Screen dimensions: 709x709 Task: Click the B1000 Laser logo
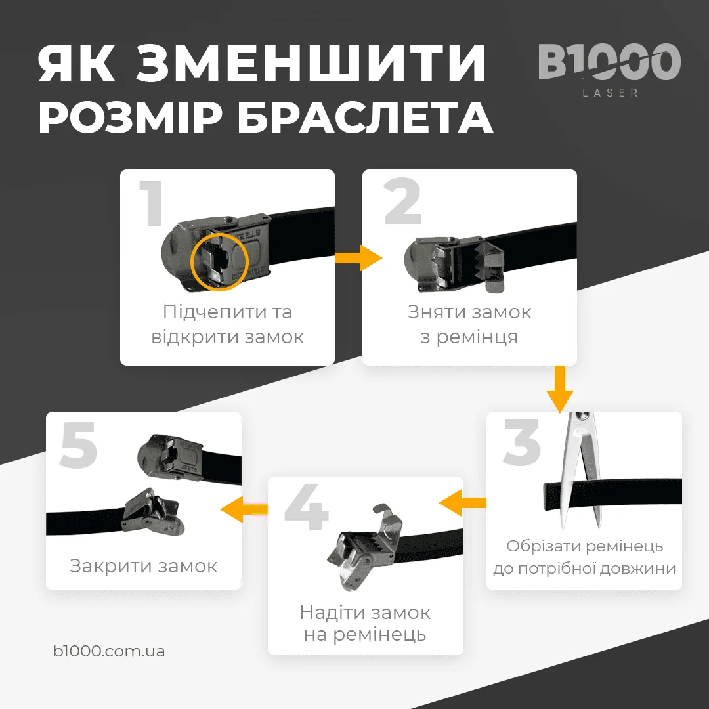[609, 69]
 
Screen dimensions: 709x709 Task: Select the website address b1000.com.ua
[109, 651]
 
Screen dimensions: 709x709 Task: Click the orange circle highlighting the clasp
[219, 261]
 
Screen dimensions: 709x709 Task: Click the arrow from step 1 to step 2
[358, 258]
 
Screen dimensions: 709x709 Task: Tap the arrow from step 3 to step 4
[463, 504]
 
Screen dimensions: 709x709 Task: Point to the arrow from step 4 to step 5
[244, 509]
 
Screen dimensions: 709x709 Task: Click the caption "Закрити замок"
[144, 566]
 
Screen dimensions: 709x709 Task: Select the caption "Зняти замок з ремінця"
[469, 324]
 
